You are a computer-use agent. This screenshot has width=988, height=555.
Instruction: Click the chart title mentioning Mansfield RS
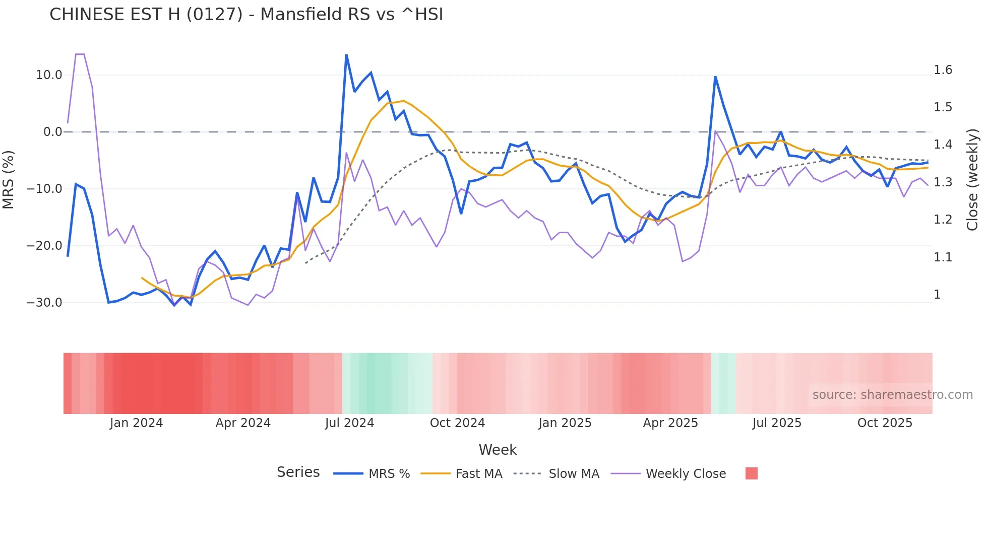tap(246, 15)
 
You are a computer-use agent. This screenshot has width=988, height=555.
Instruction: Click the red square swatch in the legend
tap(751, 473)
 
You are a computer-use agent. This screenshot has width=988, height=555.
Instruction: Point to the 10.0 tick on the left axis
tap(49, 75)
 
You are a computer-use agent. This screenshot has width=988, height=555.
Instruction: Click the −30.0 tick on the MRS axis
tap(44, 303)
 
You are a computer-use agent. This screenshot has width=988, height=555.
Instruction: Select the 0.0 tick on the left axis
tap(52, 132)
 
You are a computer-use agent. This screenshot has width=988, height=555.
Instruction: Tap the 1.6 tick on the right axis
tap(943, 70)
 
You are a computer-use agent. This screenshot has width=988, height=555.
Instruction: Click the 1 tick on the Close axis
tap(937, 295)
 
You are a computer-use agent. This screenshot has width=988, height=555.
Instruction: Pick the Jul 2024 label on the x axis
tap(349, 423)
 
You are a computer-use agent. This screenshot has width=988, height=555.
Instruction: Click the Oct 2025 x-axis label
tap(885, 423)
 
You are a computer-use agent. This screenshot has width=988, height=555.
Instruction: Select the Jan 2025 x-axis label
tap(565, 423)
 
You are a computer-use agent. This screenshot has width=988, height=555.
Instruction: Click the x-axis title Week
tap(498, 450)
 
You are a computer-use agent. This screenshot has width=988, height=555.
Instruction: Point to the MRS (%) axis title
tap(9, 179)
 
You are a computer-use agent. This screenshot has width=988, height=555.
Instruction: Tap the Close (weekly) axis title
tap(972, 179)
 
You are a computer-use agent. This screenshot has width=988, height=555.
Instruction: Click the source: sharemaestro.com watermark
tap(892, 395)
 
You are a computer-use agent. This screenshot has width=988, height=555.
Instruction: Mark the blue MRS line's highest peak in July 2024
tap(346, 55)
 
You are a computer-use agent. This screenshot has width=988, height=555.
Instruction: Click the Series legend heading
tap(298, 472)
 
